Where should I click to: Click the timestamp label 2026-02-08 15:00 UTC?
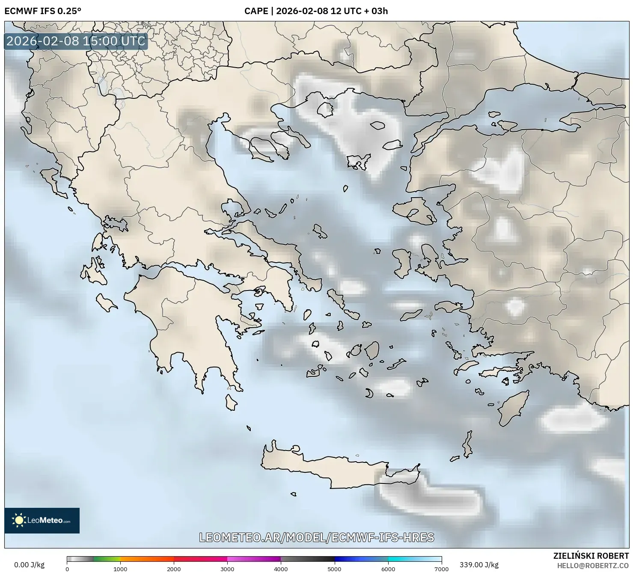point(76,41)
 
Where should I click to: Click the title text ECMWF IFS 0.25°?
point(42,11)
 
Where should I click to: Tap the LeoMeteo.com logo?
point(42,520)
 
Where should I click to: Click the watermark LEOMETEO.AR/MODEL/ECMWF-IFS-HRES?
point(317,537)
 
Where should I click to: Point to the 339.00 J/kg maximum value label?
point(478,565)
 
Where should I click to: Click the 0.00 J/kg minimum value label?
point(29,565)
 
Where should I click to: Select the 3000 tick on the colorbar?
point(227,569)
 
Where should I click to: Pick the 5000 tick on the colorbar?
point(334,569)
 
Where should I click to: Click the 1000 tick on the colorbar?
point(120,569)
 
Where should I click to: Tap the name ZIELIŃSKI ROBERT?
point(591,556)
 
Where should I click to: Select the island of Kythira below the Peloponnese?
point(231,402)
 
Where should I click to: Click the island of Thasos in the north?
point(325,110)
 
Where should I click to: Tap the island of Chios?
point(401,263)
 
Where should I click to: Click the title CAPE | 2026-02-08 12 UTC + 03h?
point(316,11)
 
